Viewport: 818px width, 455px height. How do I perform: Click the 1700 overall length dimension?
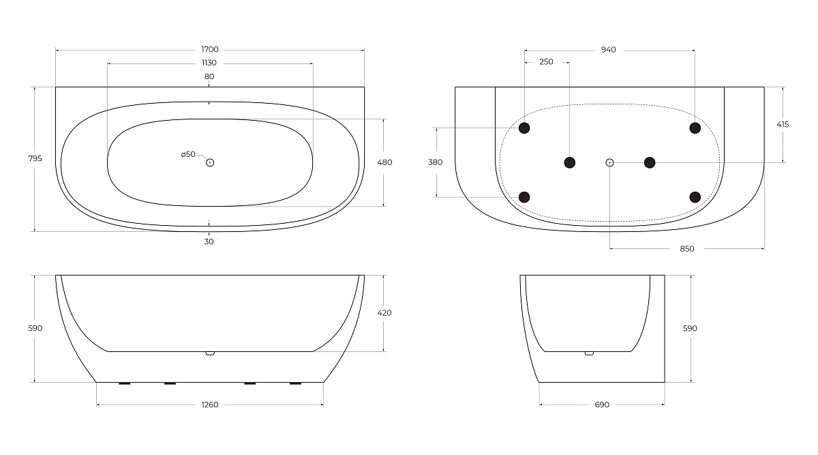[210, 49]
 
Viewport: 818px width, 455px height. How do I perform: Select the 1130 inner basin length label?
[209, 63]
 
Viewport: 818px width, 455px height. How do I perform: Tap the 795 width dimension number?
[35, 158]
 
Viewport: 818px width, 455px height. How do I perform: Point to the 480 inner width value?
[384, 162]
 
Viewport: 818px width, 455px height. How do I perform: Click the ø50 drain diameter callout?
[188, 154]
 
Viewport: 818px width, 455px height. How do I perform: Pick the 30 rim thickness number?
[209, 241]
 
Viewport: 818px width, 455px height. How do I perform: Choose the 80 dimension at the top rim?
[209, 76]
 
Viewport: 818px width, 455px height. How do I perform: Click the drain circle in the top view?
[210, 162]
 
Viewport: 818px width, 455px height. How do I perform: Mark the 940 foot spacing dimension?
[608, 50]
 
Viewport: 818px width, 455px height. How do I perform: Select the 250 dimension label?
[546, 62]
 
